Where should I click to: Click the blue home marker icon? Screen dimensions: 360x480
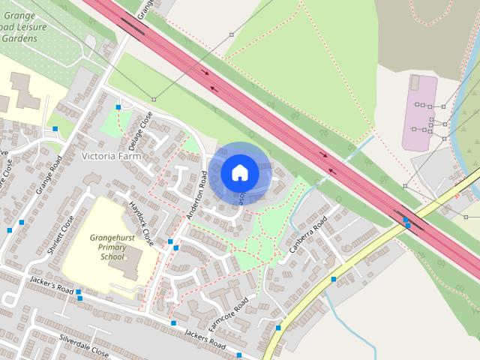240,172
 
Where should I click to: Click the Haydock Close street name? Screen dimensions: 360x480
141,223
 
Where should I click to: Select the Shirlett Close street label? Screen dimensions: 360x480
61,235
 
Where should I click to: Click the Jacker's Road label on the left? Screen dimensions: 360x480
50,285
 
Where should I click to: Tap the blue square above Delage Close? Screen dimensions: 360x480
118,108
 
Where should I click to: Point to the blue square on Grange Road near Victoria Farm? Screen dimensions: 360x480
55,129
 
